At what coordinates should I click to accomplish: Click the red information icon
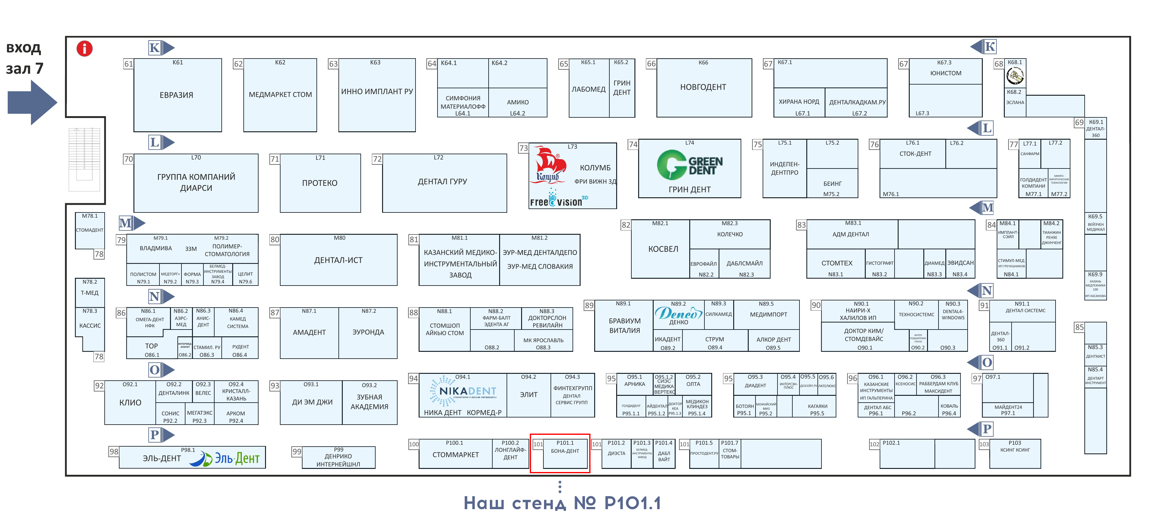click(85, 48)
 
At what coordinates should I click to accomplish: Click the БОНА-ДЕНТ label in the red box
click(565, 451)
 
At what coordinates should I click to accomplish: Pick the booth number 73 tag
click(523, 148)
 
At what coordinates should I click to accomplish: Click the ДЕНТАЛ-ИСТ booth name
click(338, 260)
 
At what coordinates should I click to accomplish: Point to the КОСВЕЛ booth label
click(663, 249)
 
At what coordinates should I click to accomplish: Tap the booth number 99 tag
click(297, 452)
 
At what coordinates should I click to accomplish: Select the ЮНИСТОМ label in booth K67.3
click(945, 73)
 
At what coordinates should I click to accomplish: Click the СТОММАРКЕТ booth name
click(455, 455)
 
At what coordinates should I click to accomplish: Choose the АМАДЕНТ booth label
click(309, 332)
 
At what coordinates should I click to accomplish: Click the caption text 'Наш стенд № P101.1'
click(562, 503)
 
